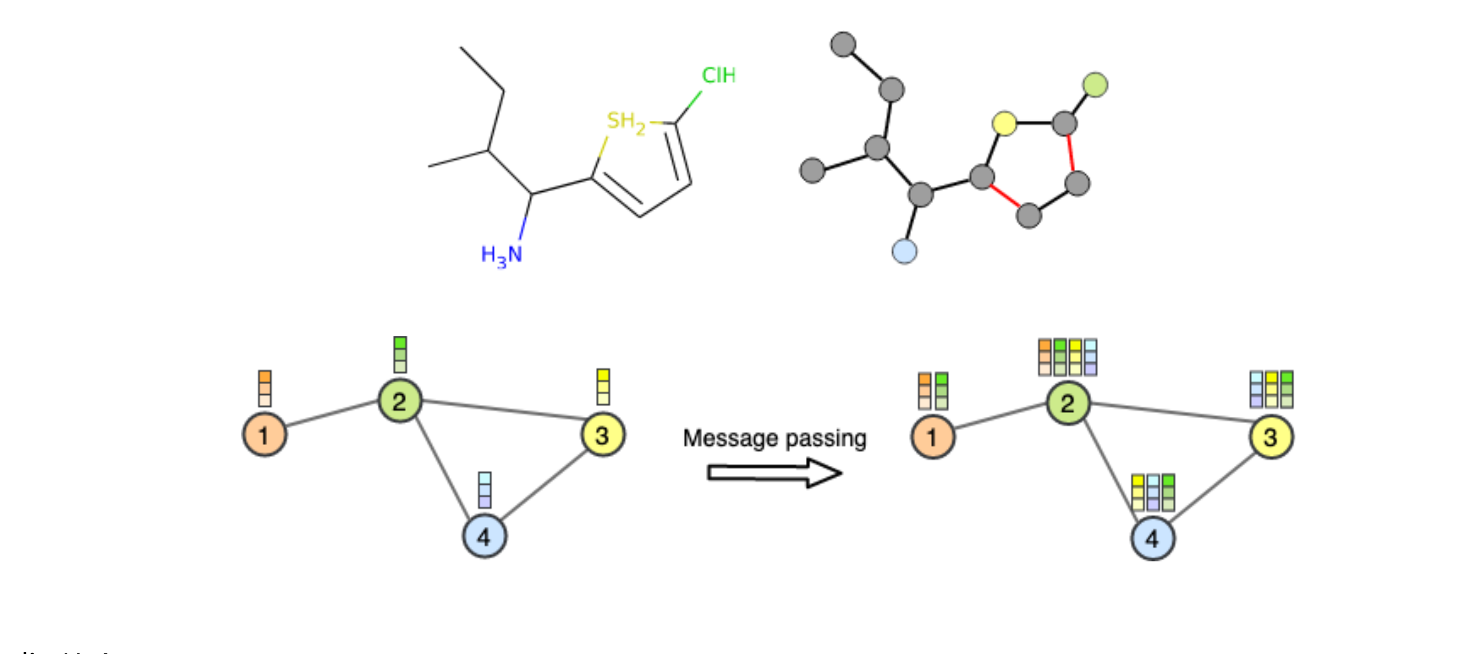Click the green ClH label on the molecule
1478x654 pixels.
pyautogui.click(x=718, y=75)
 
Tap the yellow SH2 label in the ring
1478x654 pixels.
pyautogui.click(x=625, y=122)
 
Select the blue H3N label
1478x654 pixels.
pyautogui.click(x=501, y=255)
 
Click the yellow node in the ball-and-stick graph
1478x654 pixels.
pyautogui.click(x=1004, y=123)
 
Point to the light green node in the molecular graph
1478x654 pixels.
pyautogui.click(x=1095, y=85)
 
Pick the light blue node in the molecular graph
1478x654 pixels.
pyautogui.click(x=904, y=251)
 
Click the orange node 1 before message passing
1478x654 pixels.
pyautogui.click(x=265, y=435)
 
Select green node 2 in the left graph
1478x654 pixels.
pyautogui.click(x=400, y=400)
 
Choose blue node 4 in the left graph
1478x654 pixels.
pyautogui.click(x=484, y=536)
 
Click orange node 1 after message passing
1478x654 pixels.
pyautogui.click(x=932, y=437)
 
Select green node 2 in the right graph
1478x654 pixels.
pyautogui.click(x=1068, y=403)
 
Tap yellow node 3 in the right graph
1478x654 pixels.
pyautogui.click(x=1271, y=437)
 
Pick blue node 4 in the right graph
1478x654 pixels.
pyautogui.click(x=1152, y=539)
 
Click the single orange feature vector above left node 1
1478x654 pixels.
pyautogui.click(x=265, y=388)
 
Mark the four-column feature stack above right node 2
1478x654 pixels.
pyautogui.click(x=1067, y=357)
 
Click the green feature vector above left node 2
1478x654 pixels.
pyautogui.click(x=400, y=355)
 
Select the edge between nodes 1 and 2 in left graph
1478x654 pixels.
pyautogui.click(x=332, y=414)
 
